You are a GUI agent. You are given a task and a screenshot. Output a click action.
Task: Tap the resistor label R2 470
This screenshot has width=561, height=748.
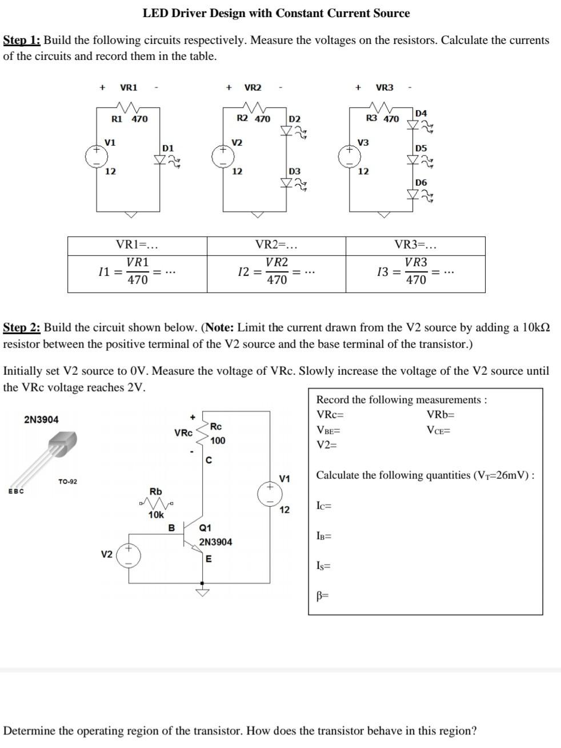(253, 119)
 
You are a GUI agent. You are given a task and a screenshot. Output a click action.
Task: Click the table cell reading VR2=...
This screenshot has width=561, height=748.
(276, 245)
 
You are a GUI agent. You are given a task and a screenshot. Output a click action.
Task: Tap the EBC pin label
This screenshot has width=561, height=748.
(15, 491)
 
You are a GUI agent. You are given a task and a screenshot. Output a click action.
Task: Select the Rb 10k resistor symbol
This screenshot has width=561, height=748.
(155, 503)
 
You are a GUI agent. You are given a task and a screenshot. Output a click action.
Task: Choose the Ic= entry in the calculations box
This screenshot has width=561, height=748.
(324, 505)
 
